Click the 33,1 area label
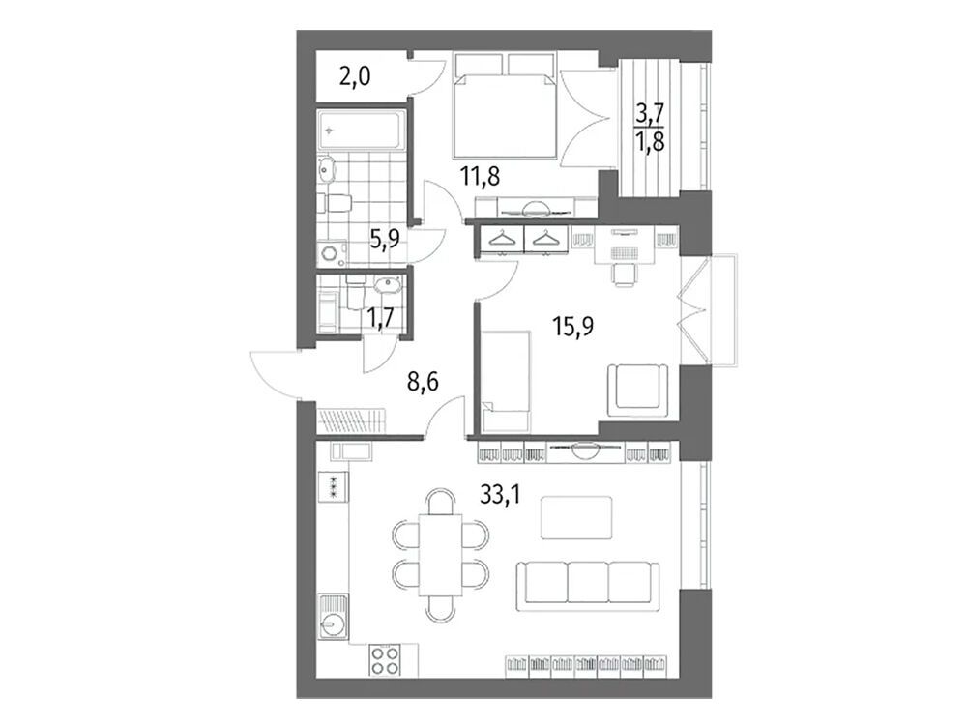point(500,493)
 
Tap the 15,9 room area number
point(573,326)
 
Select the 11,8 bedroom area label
point(480,177)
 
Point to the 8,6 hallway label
point(423,382)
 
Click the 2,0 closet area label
point(354,78)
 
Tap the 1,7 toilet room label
point(381,319)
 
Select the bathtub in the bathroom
point(362,130)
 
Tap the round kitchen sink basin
point(331,626)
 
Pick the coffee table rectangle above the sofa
point(576,518)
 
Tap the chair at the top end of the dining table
point(440,502)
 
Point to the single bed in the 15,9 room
point(507,380)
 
